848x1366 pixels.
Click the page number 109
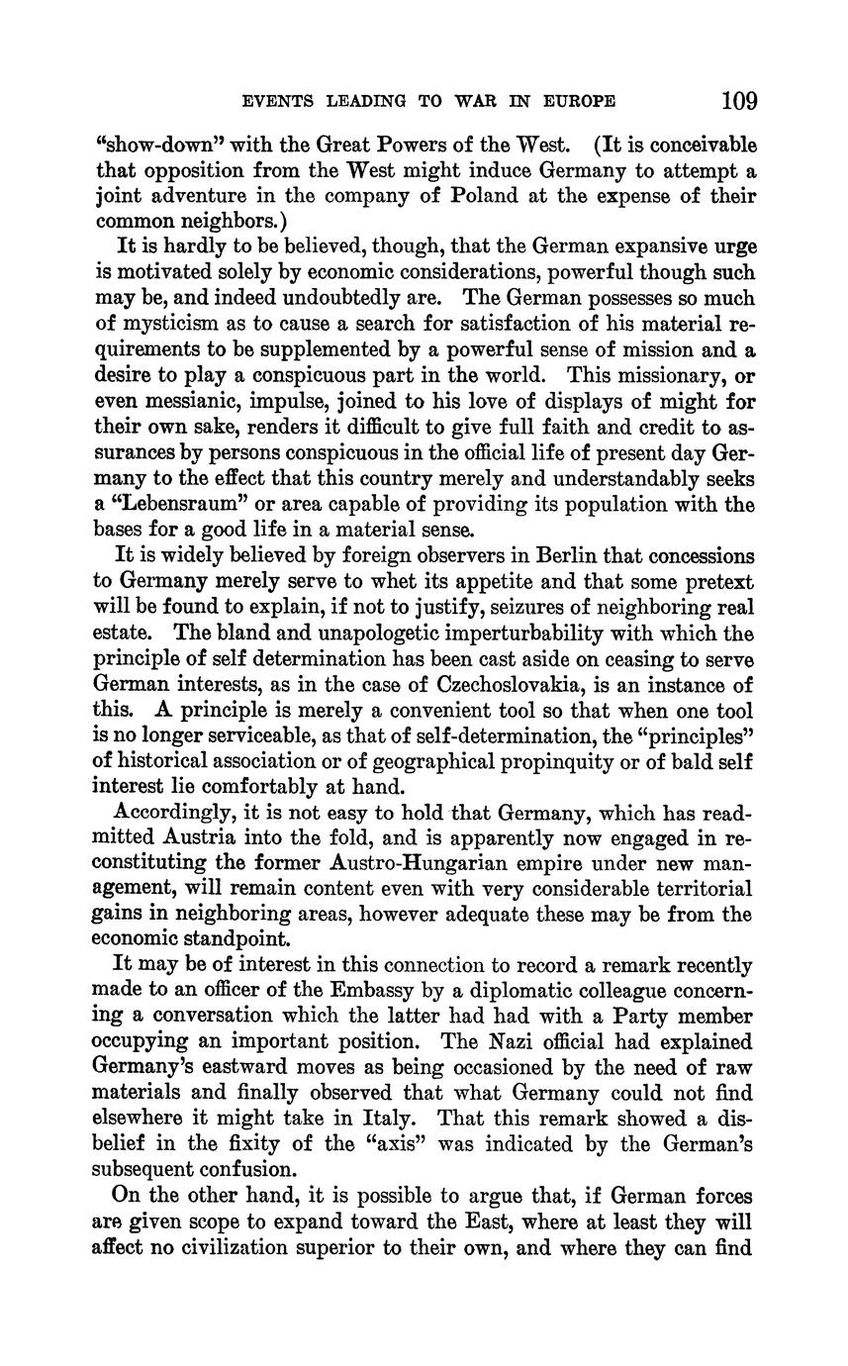(739, 101)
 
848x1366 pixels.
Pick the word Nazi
(519, 1042)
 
